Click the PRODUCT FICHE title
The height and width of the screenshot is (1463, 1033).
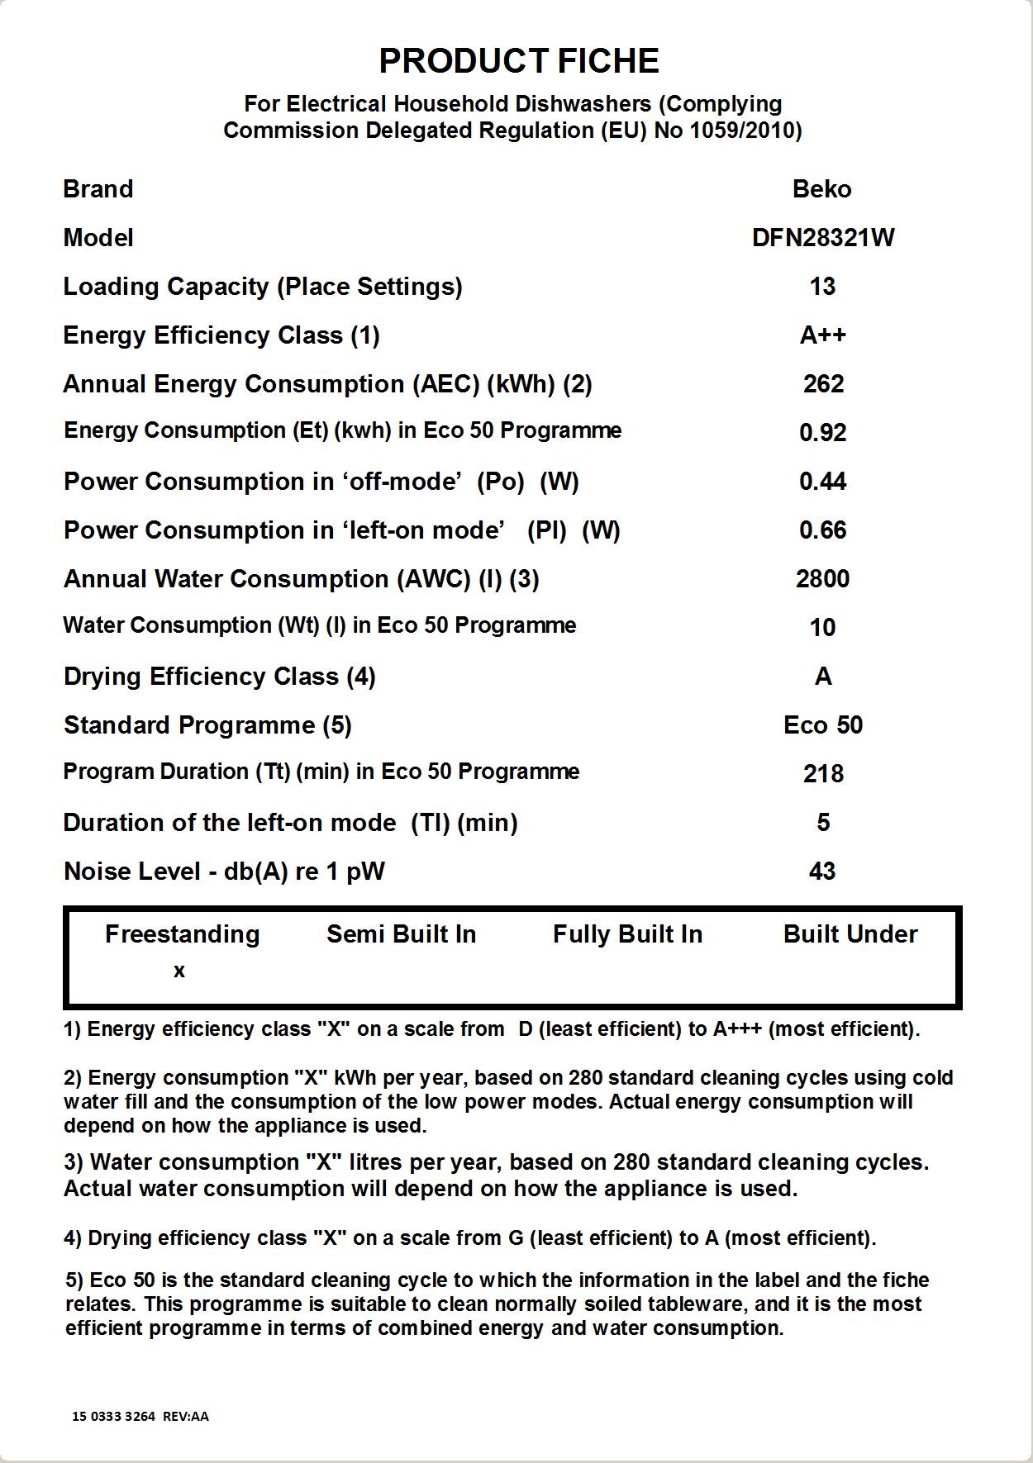[518, 61]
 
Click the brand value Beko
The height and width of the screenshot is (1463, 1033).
[821, 189]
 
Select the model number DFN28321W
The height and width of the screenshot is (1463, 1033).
[823, 238]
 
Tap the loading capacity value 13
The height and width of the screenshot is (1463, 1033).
[822, 287]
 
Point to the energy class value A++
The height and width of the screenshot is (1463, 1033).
[823, 335]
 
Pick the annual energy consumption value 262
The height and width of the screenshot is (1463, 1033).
[823, 384]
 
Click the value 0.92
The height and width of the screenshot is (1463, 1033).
[822, 433]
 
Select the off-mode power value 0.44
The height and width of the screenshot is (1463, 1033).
[822, 482]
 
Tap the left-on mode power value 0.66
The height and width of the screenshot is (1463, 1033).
[822, 530]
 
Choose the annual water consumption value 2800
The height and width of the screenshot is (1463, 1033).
[822, 579]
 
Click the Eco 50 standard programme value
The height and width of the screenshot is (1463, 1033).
[823, 725]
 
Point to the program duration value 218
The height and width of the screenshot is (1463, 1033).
[823, 774]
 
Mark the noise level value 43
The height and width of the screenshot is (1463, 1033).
[822, 872]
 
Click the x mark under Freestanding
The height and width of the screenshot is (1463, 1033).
[179, 971]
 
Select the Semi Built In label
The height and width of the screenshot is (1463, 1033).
[402, 934]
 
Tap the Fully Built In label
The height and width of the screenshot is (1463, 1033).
[627, 934]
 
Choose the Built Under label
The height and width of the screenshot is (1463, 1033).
[850, 934]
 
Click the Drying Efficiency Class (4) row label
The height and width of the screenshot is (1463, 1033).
[220, 677]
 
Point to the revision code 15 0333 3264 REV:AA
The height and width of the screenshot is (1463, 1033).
[140, 1416]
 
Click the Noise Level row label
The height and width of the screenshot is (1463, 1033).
[224, 872]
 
